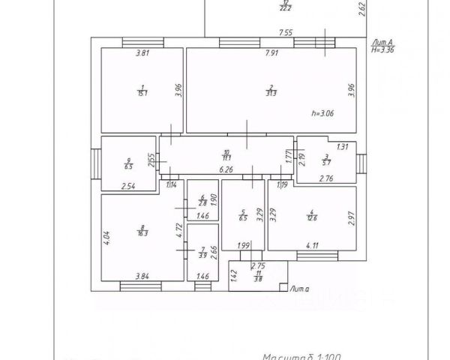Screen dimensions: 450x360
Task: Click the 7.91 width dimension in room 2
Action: [273, 53]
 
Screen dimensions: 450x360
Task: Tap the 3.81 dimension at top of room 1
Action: [142, 53]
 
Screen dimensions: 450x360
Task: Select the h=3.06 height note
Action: [322, 113]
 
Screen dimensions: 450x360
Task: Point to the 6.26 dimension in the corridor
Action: [226, 169]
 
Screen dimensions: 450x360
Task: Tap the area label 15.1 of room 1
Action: [141, 93]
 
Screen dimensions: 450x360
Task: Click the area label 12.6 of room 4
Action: [310, 218]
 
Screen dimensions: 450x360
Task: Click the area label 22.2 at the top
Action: [285, 7]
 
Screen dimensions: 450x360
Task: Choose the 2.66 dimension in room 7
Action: [214, 252]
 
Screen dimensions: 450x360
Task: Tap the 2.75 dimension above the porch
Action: [258, 266]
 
